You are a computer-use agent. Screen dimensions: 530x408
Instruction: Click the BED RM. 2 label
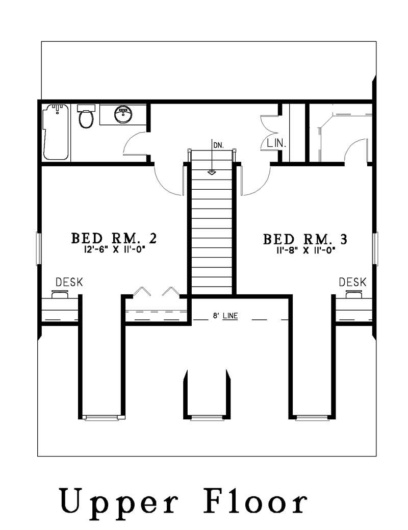tap(113, 238)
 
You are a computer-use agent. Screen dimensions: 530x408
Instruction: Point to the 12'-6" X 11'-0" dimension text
tap(113, 250)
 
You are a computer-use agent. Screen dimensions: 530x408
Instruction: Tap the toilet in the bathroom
tap(86, 117)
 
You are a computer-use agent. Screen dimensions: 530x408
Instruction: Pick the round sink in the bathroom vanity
tap(122, 114)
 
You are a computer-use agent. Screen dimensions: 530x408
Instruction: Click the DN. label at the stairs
tap(218, 145)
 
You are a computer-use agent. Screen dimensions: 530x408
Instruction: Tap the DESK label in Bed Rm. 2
tap(69, 282)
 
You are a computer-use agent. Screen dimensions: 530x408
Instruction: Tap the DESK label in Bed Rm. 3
tap(352, 282)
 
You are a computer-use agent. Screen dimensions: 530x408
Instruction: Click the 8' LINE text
tap(225, 316)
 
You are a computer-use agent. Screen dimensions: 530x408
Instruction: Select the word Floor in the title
tap(256, 502)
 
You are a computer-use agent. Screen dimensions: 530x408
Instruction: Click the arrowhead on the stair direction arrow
tap(212, 172)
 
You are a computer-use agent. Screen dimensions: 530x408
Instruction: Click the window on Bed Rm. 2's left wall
tap(38, 248)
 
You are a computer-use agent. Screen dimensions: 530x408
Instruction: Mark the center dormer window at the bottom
tap(207, 418)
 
